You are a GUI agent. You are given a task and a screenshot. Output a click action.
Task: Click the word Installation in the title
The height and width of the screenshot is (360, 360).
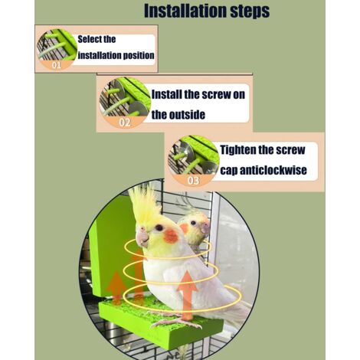185,11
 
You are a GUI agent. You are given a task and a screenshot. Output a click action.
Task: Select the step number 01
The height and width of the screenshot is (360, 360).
57,65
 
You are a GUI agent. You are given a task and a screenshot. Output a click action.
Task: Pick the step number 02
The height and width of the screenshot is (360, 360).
125,123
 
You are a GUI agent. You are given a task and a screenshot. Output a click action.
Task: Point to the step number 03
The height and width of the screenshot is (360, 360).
193,181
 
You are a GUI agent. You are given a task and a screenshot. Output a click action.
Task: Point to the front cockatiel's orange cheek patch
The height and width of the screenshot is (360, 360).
171,236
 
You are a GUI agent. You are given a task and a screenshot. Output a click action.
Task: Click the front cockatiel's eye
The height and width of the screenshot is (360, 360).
159,227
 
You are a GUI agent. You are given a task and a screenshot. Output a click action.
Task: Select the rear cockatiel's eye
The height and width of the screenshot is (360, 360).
193,223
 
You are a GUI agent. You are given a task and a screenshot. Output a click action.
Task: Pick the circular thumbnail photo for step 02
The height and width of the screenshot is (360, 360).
125,103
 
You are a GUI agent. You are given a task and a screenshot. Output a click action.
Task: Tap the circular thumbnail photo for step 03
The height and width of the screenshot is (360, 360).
193,161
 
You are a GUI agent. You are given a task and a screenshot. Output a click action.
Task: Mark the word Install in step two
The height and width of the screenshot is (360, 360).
166,94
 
